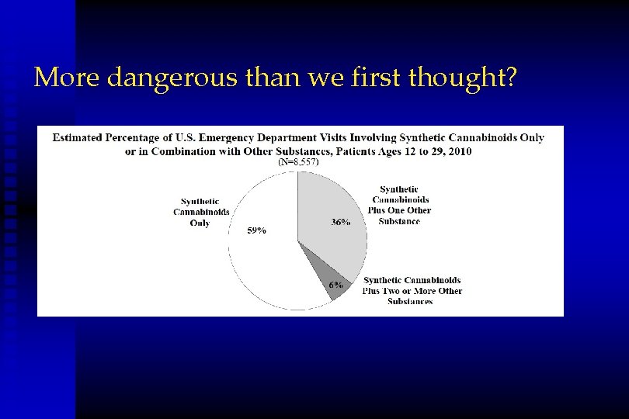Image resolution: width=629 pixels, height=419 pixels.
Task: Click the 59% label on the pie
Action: pos(256,230)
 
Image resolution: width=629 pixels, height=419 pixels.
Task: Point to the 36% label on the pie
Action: pos(340,221)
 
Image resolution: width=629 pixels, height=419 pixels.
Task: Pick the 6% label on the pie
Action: pos(335,285)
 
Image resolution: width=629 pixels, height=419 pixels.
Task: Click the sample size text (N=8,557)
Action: pos(298,163)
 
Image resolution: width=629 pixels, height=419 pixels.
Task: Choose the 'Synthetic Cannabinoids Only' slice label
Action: pos(200,212)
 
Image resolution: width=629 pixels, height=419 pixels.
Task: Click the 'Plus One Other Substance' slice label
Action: pos(404,205)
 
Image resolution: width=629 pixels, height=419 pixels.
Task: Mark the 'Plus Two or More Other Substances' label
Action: pos(412,290)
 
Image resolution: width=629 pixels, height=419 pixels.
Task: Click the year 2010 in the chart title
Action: pos(457,151)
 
